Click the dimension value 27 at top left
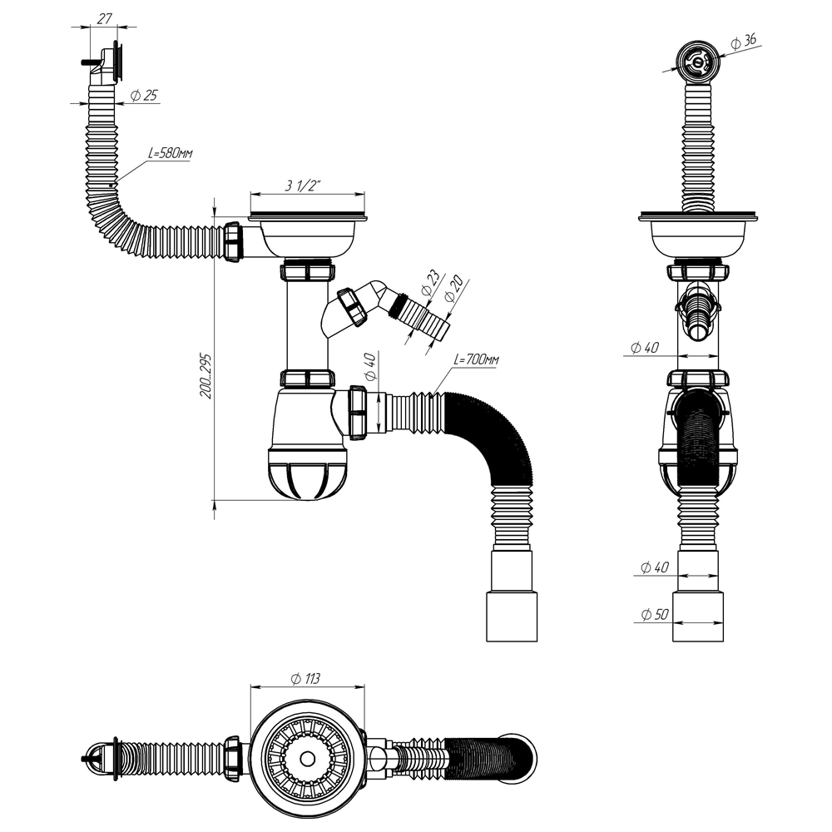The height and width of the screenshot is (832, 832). [104, 17]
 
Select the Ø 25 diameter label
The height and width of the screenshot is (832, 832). [145, 95]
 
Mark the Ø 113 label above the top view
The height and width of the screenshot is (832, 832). [305, 678]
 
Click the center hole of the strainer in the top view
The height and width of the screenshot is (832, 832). [307, 758]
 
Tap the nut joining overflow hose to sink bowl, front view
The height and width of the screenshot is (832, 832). [232, 242]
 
